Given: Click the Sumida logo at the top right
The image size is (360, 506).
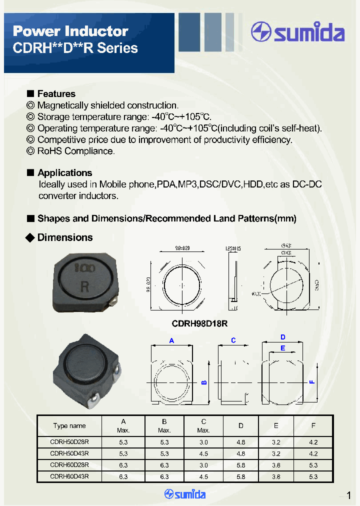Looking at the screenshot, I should click(x=298, y=32).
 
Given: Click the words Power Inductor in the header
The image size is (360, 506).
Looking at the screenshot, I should click(x=70, y=31).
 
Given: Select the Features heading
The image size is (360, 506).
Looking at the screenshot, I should click(x=56, y=94).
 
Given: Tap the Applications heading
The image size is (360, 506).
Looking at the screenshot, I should click(x=64, y=173).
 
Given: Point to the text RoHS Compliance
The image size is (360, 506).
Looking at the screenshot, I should click(x=76, y=151).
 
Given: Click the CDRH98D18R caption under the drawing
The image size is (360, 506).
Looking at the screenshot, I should click(x=199, y=323).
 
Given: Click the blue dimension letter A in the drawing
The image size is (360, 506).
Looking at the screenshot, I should click(x=171, y=340).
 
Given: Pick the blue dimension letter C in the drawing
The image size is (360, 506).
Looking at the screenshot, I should click(x=233, y=340).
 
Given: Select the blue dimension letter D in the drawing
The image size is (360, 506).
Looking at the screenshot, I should click(x=282, y=337).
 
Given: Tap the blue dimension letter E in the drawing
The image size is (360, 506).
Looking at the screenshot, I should click(x=282, y=348).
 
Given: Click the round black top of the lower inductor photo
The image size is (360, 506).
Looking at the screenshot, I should click(x=83, y=360).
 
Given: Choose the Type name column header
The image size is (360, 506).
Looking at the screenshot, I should click(x=69, y=426).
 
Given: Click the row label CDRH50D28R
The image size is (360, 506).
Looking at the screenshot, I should click(x=69, y=442).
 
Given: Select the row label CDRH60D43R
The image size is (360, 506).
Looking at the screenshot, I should click(x=69, y=476).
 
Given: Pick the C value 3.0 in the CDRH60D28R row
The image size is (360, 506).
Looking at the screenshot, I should click(x=203, y=465).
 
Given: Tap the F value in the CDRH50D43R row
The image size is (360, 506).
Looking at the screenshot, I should click(x=313, y=453).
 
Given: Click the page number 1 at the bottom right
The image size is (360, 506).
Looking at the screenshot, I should click(x=348, y=495).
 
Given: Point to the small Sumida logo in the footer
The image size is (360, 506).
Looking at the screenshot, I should click(x=185, y=494).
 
